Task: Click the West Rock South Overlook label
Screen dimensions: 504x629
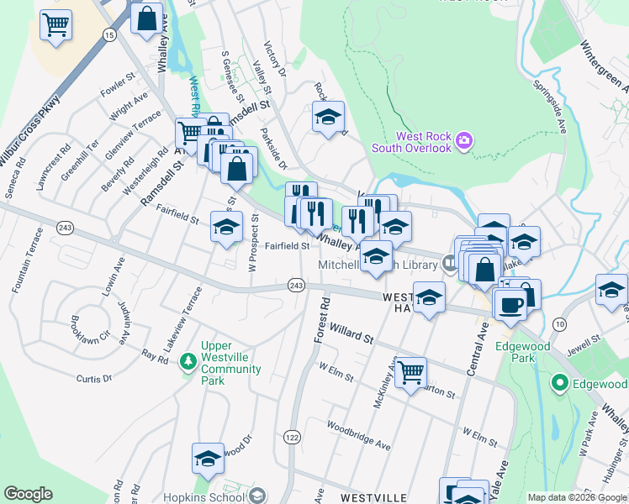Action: tap(425, 142)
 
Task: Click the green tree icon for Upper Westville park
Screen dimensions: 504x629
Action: tap(189, 360)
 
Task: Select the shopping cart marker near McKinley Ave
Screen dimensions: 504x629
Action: tap(410, 370)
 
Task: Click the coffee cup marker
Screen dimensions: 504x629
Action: tap(510, 304)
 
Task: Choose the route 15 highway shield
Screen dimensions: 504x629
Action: tap(109, 34)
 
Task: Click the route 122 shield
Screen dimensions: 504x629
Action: tap(292, 437)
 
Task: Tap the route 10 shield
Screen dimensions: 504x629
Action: tap(559, 323)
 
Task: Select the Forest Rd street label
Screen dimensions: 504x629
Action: tap(320, 318)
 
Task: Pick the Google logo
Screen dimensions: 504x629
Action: tap(28, 494)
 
